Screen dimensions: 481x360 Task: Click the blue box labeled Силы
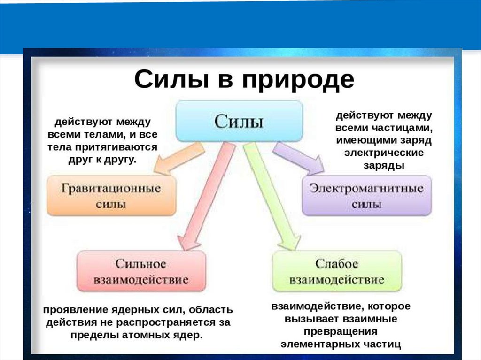pyautogui.click(x=239, y=122)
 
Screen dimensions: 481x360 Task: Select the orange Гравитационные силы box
pyautogui.click(x=111, y=196)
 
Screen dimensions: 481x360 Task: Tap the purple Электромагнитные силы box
pyautogui.click(x=366, y=196)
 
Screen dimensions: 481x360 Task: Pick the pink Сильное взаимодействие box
pyautogui.click(x=141, y=272)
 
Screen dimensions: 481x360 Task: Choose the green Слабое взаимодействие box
pyautogui.click(x=337, y=272)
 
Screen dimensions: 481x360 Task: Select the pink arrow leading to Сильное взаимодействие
pyautogui.click(x=207, y=197)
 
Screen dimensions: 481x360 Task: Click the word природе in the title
pyautogui.click(x=298, y=79)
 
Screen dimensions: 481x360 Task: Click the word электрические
pyautogui.click(x=383, y=153)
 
